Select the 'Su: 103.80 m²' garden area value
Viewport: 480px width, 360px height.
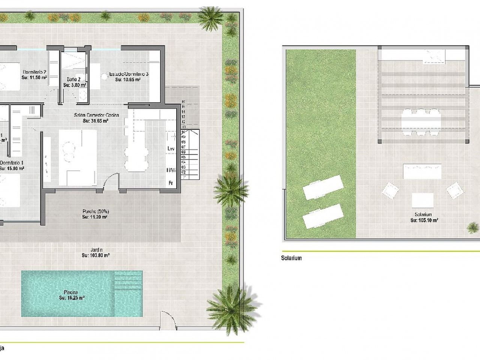pos(95,255)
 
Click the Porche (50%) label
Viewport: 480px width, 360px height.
pos(95,211)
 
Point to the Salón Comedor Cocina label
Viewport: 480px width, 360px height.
pos(95,115)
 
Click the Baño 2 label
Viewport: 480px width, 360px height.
pos(73,79)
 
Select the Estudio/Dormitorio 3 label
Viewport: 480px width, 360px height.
pos(129,74)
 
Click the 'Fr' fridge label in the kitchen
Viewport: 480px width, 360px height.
pos(170,183)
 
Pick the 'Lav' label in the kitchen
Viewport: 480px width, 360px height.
pos(171,149)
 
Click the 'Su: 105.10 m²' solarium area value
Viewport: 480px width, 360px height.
pos(424,220)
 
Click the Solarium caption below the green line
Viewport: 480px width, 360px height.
pos(291,258)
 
